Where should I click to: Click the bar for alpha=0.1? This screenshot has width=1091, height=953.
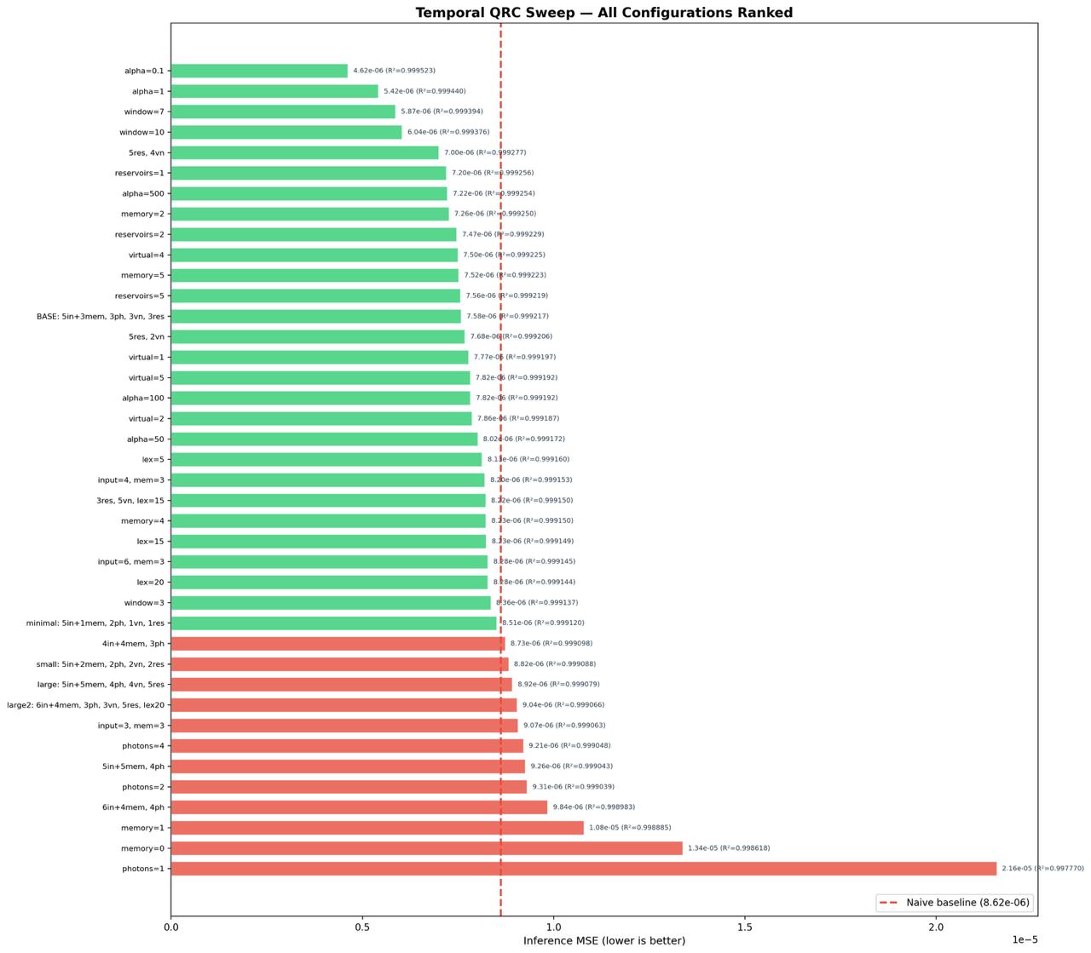click(x=259, y=71)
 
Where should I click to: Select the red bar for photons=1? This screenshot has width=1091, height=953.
click(x=583, y=869)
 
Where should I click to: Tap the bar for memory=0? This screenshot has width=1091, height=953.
click(x=426, y=848)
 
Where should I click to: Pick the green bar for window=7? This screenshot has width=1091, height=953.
click(x=283, y=112)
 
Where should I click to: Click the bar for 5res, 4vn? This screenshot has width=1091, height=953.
click(x=304, y=152)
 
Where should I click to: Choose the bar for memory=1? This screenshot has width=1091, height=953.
click(x=377, y=828)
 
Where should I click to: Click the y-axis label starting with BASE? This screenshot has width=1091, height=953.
click(x=101, y=316)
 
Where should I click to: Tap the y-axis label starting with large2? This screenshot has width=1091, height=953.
click(x=85, y=705)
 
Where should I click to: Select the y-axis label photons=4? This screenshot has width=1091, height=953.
click(x=143, y=746)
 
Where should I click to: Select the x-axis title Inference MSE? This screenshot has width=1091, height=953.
click(x=603, y=940)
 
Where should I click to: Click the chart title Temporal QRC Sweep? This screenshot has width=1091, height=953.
click(x=603, y=12)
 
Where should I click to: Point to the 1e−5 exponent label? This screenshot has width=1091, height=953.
click(x=1025, y=939)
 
